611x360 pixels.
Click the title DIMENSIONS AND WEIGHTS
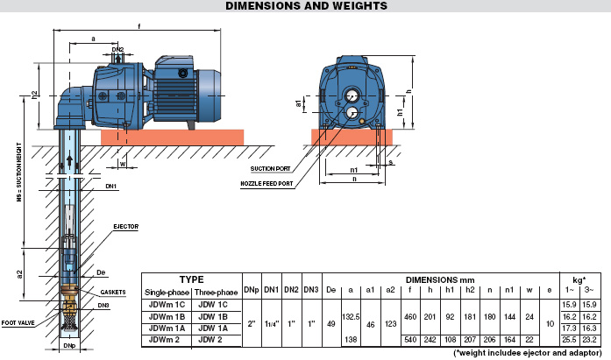click(306, 6)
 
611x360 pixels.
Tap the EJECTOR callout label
click(126, 227)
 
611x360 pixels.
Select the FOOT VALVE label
click(18, 322)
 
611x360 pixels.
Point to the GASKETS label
click(113, 293)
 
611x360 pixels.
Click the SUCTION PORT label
click(270, 169)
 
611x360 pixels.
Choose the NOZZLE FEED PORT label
click(266, 184)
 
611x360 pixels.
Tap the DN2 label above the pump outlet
click(117, 50)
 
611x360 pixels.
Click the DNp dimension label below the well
click(69, 345)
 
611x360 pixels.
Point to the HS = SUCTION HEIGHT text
click(19, 172)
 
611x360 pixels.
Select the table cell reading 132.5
click(351, 317)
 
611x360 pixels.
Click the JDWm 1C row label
click(167, 305)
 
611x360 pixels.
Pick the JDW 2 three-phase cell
click(210, 340)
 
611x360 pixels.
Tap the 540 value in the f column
click(410, 340)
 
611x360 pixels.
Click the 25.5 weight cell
click(569, 340)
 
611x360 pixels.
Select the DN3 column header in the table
click(311, 290)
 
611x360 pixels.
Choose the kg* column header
click(579, 279)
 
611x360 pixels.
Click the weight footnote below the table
click(528, 353)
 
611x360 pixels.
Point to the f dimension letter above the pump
click(139, 26)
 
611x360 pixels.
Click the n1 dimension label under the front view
click(354, 170)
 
